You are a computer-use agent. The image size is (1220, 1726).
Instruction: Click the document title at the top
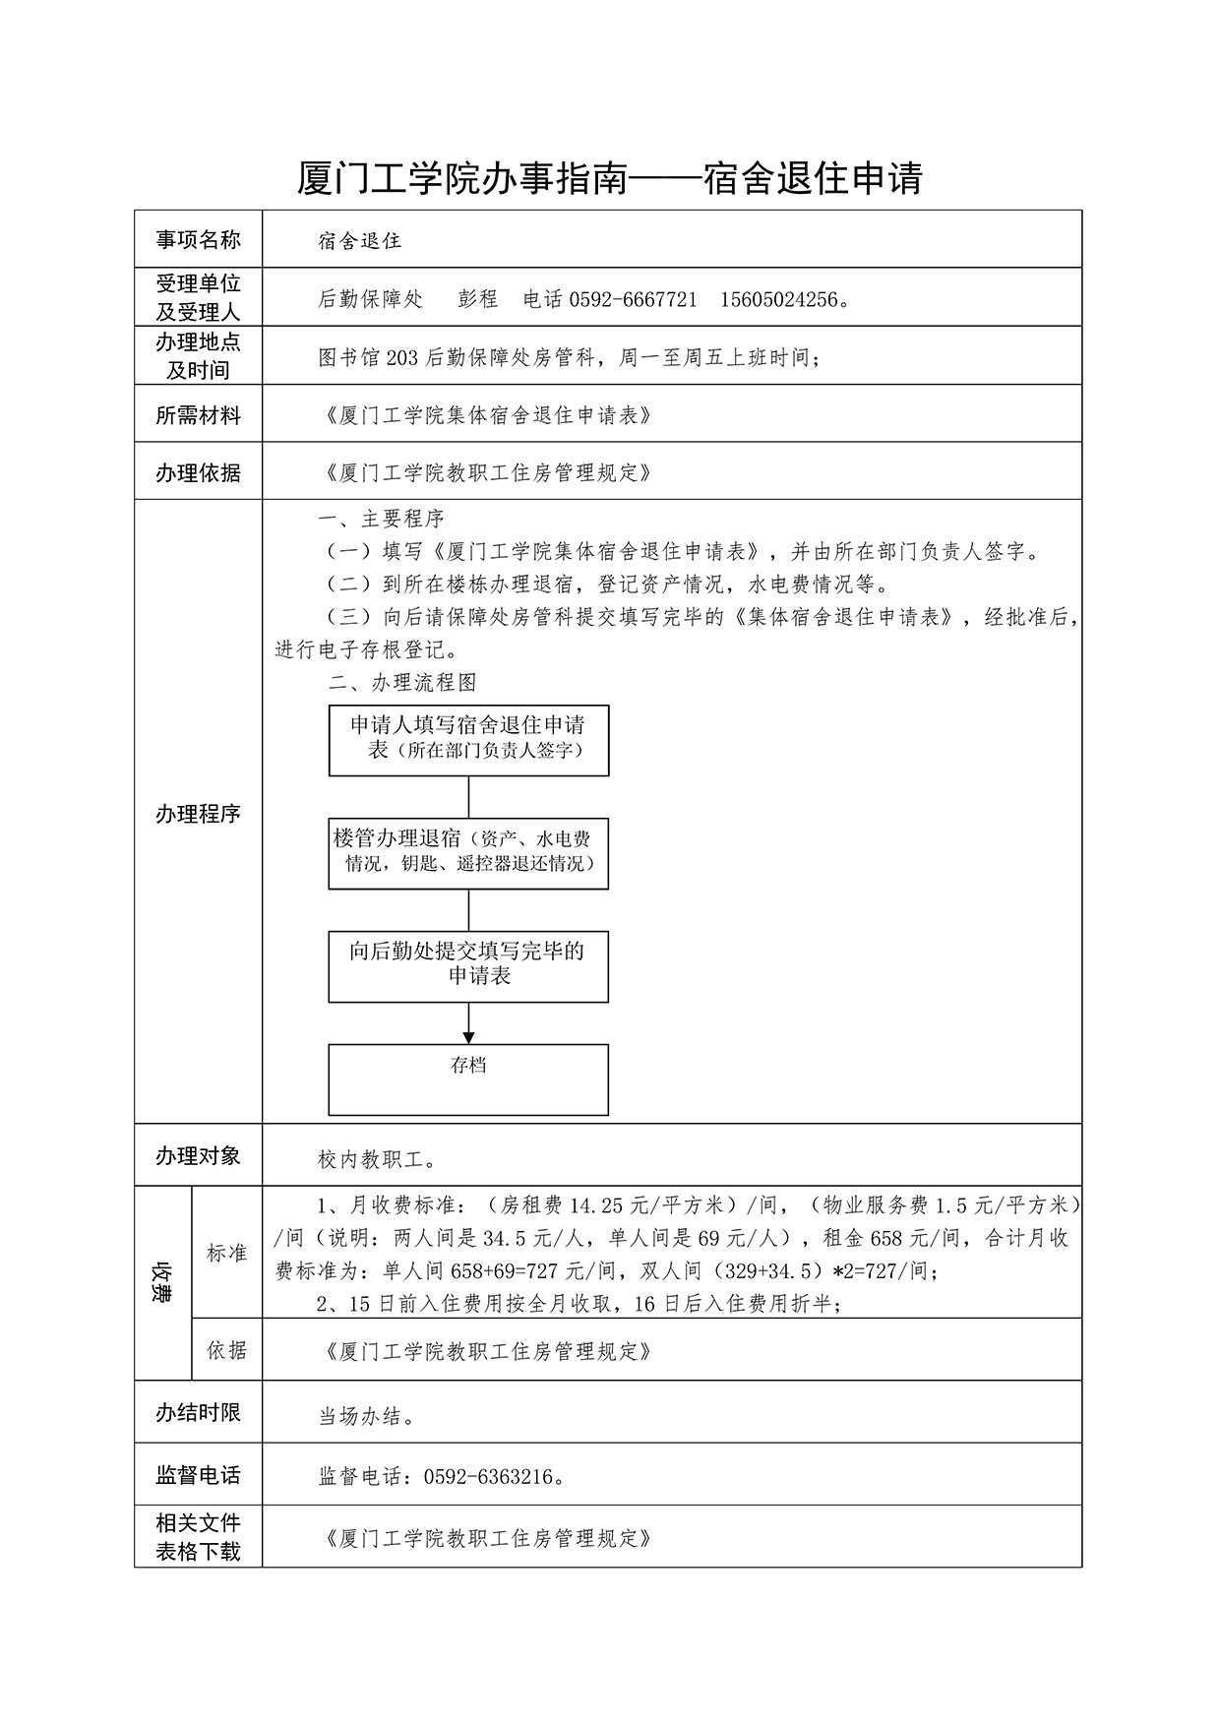609,179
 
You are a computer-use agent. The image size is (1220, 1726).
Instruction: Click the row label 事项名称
198,239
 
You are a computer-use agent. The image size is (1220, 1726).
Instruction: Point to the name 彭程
478,299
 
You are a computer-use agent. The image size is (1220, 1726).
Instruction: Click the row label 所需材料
198,415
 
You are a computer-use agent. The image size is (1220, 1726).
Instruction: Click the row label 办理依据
198,472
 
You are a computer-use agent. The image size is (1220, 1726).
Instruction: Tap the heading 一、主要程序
381,519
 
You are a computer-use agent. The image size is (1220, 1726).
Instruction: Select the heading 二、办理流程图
403,683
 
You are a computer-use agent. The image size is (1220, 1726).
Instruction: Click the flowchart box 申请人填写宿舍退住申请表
468,740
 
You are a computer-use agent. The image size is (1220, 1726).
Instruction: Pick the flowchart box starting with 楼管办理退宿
468,853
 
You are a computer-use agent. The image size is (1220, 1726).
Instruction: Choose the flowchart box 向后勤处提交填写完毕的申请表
468,966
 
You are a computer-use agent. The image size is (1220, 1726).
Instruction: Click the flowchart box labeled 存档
468,1079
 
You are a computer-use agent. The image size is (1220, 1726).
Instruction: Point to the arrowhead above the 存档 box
468,1037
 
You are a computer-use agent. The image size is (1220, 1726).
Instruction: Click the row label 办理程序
198,814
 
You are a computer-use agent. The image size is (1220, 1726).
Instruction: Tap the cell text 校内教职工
377,1160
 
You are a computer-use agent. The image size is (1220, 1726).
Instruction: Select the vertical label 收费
162,1281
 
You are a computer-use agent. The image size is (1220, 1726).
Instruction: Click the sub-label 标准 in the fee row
226,1253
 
